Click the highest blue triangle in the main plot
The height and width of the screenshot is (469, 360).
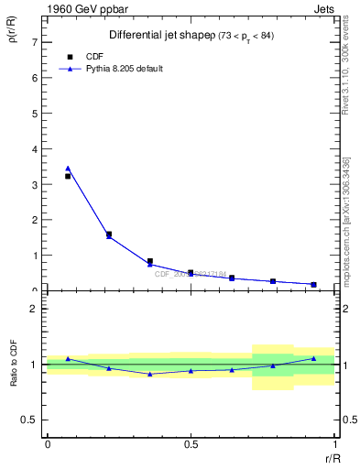click(x=68, y=169)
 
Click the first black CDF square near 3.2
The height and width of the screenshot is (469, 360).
click(x=68, y=176)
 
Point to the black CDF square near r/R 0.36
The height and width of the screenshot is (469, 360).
click(x=150, y=261)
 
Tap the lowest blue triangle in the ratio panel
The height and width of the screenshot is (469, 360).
click(x=150, y=374)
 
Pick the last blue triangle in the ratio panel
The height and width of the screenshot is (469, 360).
click(x=314, y=358)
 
